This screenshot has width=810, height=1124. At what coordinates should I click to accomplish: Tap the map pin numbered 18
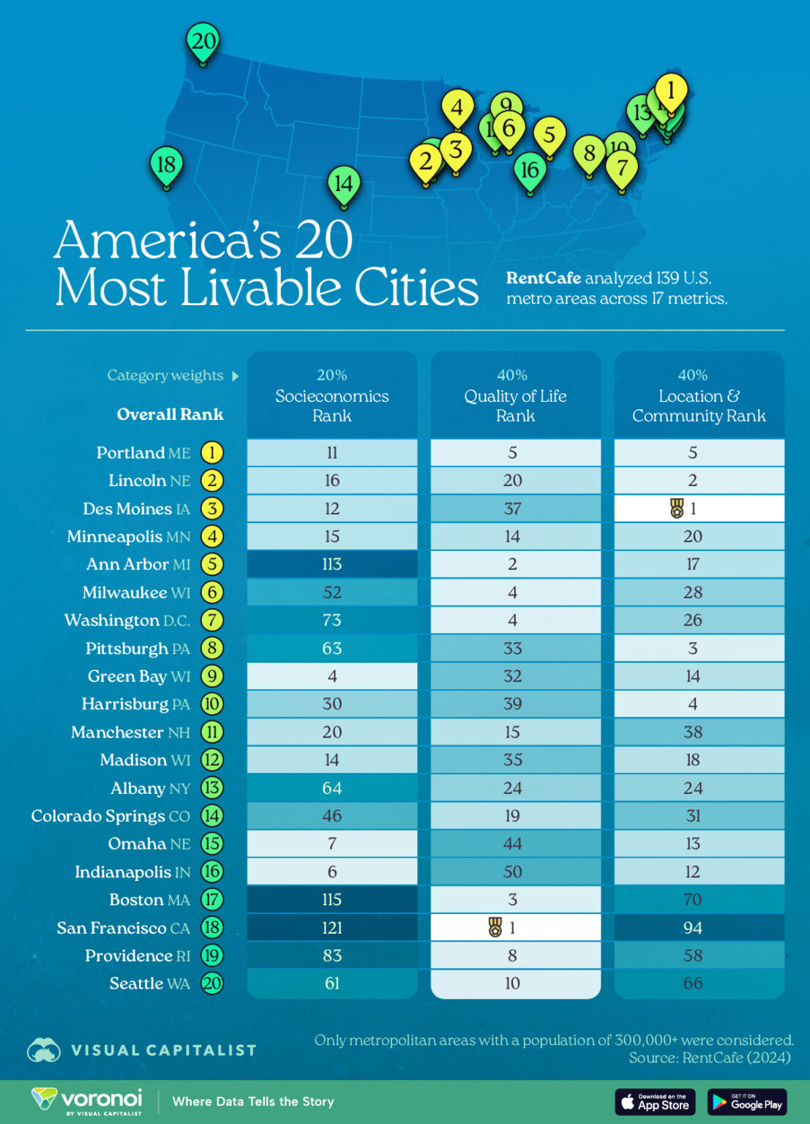[166, 165]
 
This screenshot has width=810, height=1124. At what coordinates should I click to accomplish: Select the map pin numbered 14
[343, 183]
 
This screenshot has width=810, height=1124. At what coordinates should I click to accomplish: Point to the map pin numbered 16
[530, 170]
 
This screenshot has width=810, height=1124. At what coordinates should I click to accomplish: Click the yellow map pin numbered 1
[670, 91]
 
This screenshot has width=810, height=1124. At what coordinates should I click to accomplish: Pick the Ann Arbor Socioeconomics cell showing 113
[332, 564]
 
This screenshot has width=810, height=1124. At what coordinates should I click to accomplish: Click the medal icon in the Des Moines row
[677, 508]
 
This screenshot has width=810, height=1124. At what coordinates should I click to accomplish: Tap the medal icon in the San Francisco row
[495, 927]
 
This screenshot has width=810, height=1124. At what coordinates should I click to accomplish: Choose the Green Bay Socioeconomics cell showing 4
[332, 676]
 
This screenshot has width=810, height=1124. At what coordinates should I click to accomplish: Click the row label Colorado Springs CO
[110, 816]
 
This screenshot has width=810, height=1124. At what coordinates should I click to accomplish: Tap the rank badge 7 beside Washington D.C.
[212, 621]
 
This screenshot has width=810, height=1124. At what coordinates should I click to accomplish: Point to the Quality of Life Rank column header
[515, 396]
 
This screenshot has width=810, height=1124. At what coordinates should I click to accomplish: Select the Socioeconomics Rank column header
[332, 396]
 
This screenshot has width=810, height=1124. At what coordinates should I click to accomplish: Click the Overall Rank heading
[170, 414]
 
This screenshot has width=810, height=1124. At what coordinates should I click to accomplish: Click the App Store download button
[656, 1101]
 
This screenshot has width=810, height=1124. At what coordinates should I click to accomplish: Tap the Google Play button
[746, 1101]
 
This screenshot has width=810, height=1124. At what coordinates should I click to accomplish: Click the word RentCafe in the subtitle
[543, 278]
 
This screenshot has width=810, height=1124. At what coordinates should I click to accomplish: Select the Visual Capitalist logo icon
[44, 1050]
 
